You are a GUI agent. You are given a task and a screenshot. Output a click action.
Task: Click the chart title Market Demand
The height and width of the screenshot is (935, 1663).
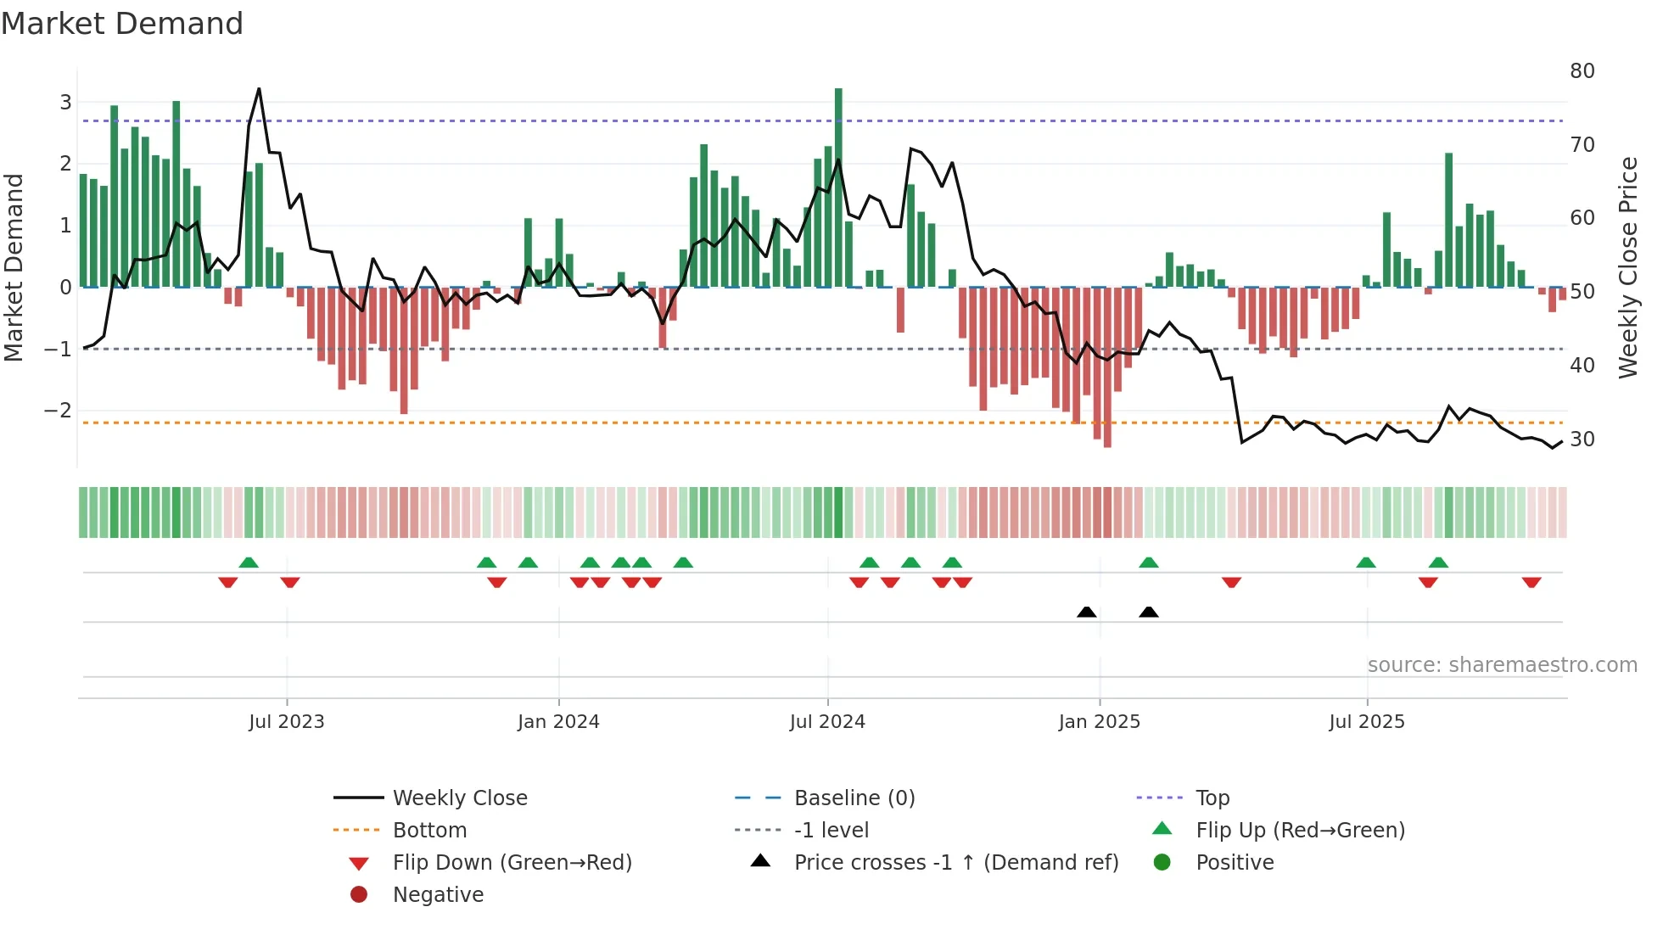click(122, 24)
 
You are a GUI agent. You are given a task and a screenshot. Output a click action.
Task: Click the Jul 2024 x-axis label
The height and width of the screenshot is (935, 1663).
click(827, 722)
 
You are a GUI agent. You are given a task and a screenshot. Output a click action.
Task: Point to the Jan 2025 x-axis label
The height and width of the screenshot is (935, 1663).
click(1100, 722)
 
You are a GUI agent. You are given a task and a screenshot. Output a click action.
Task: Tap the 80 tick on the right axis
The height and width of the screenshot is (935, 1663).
click(1582, 71)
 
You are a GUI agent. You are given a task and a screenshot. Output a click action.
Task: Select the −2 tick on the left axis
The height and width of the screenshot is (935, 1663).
click(58, 411)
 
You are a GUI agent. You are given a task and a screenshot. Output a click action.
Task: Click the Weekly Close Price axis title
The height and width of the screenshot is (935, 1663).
click(1627, 267)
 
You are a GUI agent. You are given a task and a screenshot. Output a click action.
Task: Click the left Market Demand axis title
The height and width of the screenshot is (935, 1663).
click(14, 267)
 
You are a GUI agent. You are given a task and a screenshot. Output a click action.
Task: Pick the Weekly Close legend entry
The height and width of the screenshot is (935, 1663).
click(459, 798)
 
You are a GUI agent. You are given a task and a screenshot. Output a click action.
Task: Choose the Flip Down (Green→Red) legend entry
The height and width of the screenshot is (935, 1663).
click(512, 863)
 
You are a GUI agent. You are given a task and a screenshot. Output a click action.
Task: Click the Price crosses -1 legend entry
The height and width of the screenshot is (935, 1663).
click(955, 863)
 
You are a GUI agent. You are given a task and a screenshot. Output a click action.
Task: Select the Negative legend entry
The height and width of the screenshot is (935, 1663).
click(438, 895)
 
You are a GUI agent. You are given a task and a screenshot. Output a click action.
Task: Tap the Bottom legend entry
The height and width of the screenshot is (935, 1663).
click(429, 831)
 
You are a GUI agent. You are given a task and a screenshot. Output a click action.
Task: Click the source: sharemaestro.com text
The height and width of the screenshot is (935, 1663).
click(1502, 665)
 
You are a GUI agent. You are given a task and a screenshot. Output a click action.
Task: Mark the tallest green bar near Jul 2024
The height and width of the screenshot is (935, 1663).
click(838, 187)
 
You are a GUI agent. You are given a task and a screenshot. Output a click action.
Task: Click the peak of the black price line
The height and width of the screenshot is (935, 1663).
click(259, 89)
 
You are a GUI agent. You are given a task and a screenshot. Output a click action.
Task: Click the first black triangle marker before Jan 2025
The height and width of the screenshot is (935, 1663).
click(1086, 612)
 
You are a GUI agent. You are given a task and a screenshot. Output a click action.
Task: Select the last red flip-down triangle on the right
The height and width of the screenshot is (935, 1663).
click(1531, 582)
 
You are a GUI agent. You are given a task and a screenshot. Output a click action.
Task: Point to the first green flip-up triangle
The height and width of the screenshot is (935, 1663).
click(249, 563)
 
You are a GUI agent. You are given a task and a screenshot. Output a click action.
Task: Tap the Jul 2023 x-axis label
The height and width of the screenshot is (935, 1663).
click(287, 722)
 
